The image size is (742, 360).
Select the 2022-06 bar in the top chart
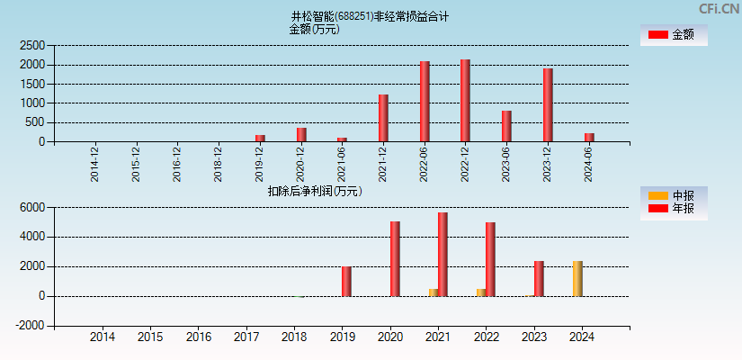click(425, 102)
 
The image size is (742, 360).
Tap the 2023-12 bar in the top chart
click(547, 105)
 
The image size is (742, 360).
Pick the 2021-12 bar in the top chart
click(383, 118)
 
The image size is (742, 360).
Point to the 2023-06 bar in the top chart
click(506, 126)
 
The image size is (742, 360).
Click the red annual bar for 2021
click(443, 255)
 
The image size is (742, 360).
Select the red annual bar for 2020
click(395, 259)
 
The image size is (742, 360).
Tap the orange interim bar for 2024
click(577, 279)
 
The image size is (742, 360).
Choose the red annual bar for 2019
click(346, 281)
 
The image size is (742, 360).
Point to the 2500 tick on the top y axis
click(32, 45)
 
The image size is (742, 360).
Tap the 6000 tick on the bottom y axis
click(32, 207)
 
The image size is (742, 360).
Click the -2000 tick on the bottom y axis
click(30, 326)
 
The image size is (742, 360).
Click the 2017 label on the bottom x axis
click(246, 337)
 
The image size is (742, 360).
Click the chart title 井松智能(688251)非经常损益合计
click(369, 16)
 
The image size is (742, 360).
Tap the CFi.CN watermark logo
click(720, 9)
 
